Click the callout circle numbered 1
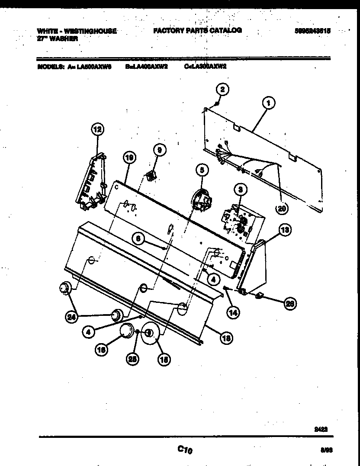(x=268, y=103)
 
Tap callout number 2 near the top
(x=222, y=90)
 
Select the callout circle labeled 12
(x=97, y=129)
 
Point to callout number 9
(x=159, y=150)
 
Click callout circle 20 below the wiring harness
(x=282, y=208)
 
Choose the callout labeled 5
(x=201, y=170)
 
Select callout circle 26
(x=290, y=304)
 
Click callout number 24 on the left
(x=71, y=317)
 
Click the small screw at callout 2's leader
(x=216, y=104)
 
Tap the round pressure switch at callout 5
(x=200, y=201)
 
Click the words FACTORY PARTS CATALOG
(x=197, y=30)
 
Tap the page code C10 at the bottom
(x=184, y=450)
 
